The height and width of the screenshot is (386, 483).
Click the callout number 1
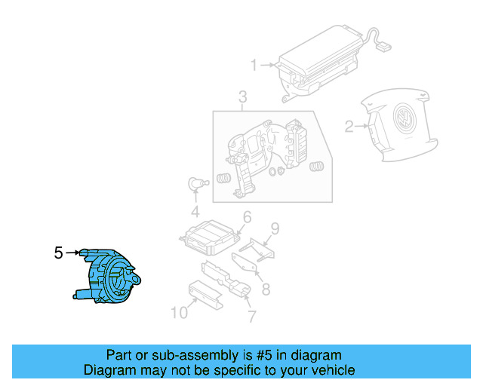coord(254,64)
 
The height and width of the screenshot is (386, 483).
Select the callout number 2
coord(349,127)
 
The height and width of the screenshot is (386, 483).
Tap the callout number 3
coord(242,96)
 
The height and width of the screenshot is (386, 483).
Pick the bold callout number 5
coord(58,253)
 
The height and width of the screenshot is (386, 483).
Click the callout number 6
coord(246,218)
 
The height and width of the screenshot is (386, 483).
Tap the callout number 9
coord(275,227)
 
